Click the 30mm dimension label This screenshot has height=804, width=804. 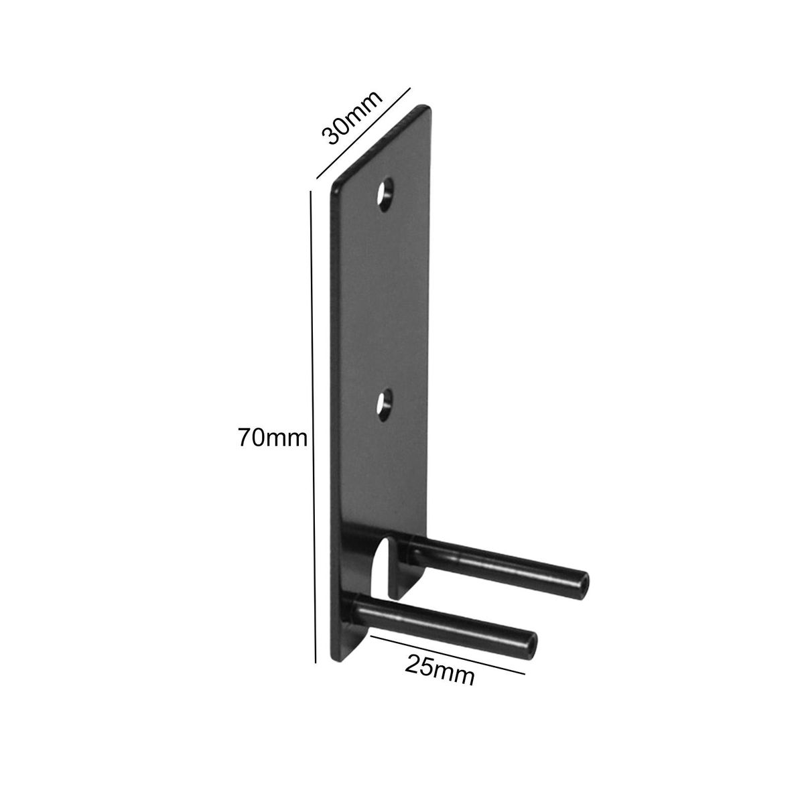pyautogui.click(x=352, y=117)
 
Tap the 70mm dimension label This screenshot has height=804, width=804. pyautogui.click(x=273, y=438)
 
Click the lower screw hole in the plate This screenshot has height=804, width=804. pyautogui.click(x=385, y=405)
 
